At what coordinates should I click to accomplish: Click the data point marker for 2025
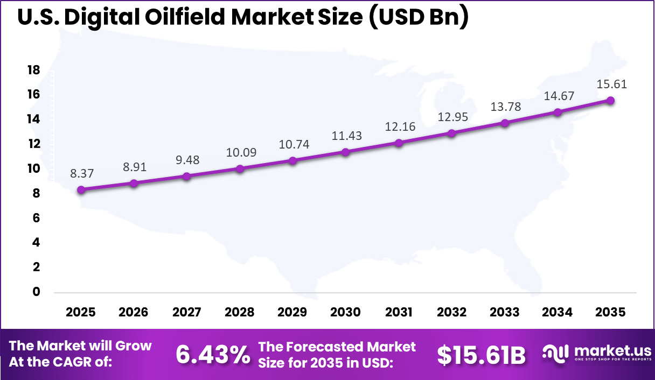[x=81, y=189]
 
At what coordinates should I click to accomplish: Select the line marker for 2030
[x=346, y=152]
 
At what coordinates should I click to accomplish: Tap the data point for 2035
[x=610, y=100]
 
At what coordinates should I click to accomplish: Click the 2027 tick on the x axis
[x=186, y=313]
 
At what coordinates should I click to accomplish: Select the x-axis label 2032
[x=451, y=313]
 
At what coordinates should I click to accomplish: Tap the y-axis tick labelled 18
[x=34, y=70]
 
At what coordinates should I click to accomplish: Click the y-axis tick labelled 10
[x=34, y=168]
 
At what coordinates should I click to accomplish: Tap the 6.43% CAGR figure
[x=213, y=354]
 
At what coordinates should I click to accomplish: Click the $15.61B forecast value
[x=480, y=354]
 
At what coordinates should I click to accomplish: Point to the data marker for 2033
[x=505, y=123]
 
